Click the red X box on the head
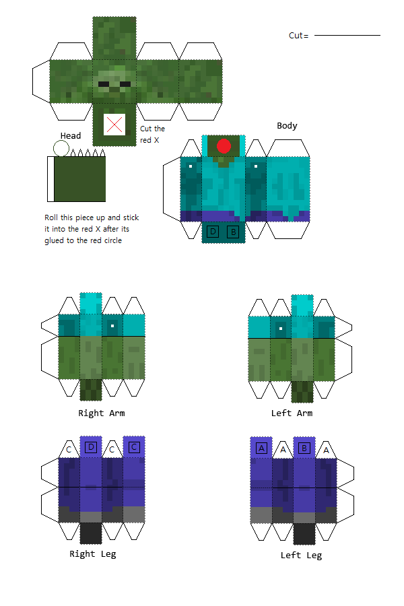pyautogui.click(x=115, y=124)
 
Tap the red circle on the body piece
pyautogui.click(x=224, y=145)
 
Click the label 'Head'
pyautogui.click(x=71, y=136)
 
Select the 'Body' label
pyautogui.click(x=287, y=126)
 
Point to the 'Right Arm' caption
pyautogui.click(x=102, y=413)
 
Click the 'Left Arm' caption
pyautogui.click(x=291, y=413)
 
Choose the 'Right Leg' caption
pyautogui.click(x=93, y=554)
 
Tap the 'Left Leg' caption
pyautogui.click(x=301, y=555)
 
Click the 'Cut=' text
pyautogui.click(x=298, y=36)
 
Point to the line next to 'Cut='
pyautogui.click(x=347, y=35)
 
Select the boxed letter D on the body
pyautogui.click(x=213, y=232)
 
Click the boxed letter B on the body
pyautogui.click(x=233, y=232)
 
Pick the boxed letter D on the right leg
pyautogui.click(x=91, y=446)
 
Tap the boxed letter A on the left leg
pyautogui.click(x=261, y=447)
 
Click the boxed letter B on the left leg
pyautogui.click(x=304, y=447)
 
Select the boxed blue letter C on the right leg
pyautogui.click(x=134, y=446)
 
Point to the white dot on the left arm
pyautogui.click(x=280, y=329)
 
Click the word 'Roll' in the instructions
pyautogui.click(x=52, y=217)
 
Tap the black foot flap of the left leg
pyautogui.click(x=304, y=533)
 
